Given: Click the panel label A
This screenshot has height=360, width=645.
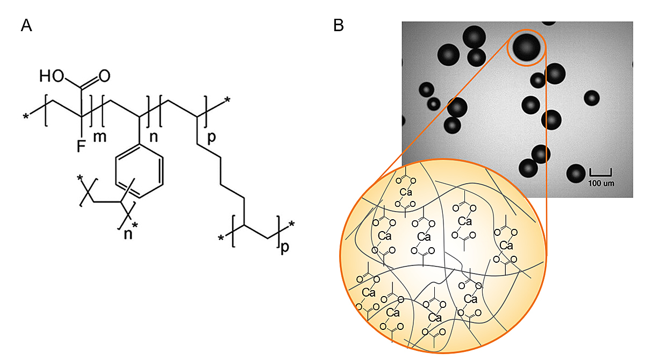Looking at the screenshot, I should [x=26, y=25].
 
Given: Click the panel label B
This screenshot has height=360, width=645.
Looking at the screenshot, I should [x=339, y=25].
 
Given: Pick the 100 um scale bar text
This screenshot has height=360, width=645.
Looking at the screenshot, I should [x=600, y=183].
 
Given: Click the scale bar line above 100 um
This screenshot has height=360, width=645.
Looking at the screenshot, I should [x=600, y=173].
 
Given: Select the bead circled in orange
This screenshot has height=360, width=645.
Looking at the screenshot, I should [x=526, y=47].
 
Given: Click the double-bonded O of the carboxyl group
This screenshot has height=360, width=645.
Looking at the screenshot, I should [x=104, y=76].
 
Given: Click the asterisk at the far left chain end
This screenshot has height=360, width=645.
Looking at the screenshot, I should [x=25, y=116].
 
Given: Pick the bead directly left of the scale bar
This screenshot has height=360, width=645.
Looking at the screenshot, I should [x=576, y=173].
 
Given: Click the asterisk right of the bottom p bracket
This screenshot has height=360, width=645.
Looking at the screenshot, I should [x=292, y=224].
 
